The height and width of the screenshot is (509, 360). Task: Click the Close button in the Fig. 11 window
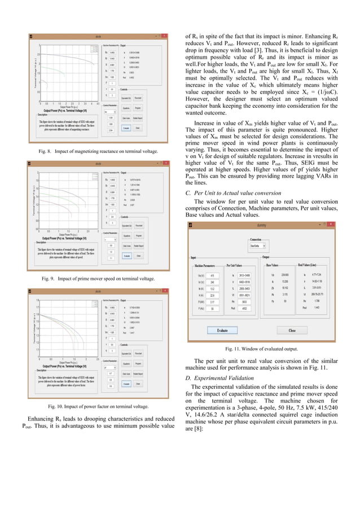(292, 330)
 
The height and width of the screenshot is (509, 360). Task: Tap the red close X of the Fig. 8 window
(165, 36)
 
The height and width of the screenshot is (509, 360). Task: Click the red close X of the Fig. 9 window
(165, 164)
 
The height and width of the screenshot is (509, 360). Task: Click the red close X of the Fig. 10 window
(165, 291)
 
